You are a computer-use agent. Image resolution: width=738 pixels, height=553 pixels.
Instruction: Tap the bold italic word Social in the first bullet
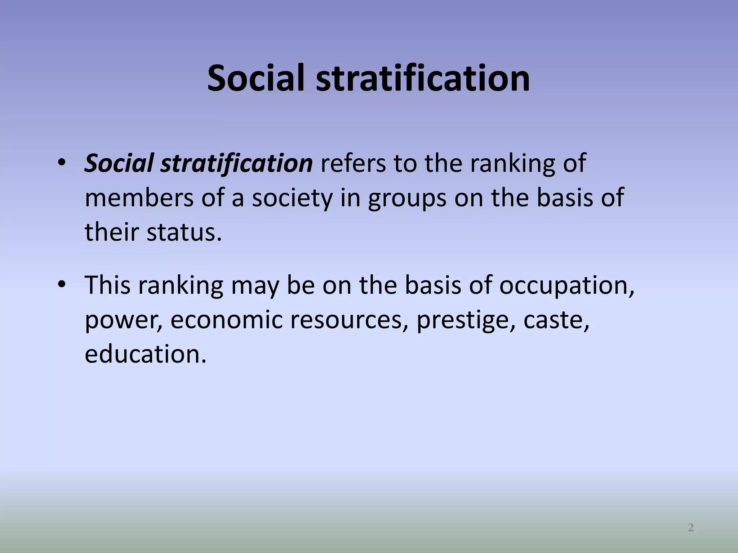(x=119, y=163)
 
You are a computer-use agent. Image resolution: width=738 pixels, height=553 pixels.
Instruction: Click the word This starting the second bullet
(x=107, y=285)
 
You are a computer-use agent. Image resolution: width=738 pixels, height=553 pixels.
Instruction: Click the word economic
(x=227, y=319)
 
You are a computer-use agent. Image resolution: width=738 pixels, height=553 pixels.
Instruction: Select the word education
(x=146, y=354)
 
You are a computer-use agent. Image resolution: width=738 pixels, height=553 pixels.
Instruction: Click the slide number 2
(x=690, y=528)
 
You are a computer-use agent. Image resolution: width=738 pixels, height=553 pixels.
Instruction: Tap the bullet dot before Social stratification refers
(x=62, y=163)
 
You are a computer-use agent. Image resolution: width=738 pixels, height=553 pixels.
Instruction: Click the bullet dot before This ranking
(x=62, y=284)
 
